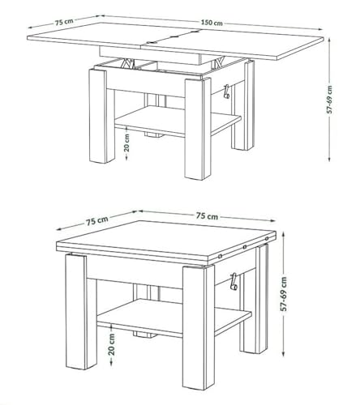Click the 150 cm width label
pyautogui.click(x=213, y=23)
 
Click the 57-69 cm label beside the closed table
pyautogui.click(x=285, y=296)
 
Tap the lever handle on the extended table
pyautogui.click(x=227, y=92)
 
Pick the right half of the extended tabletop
pyautogui.click(x=243, y=45)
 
